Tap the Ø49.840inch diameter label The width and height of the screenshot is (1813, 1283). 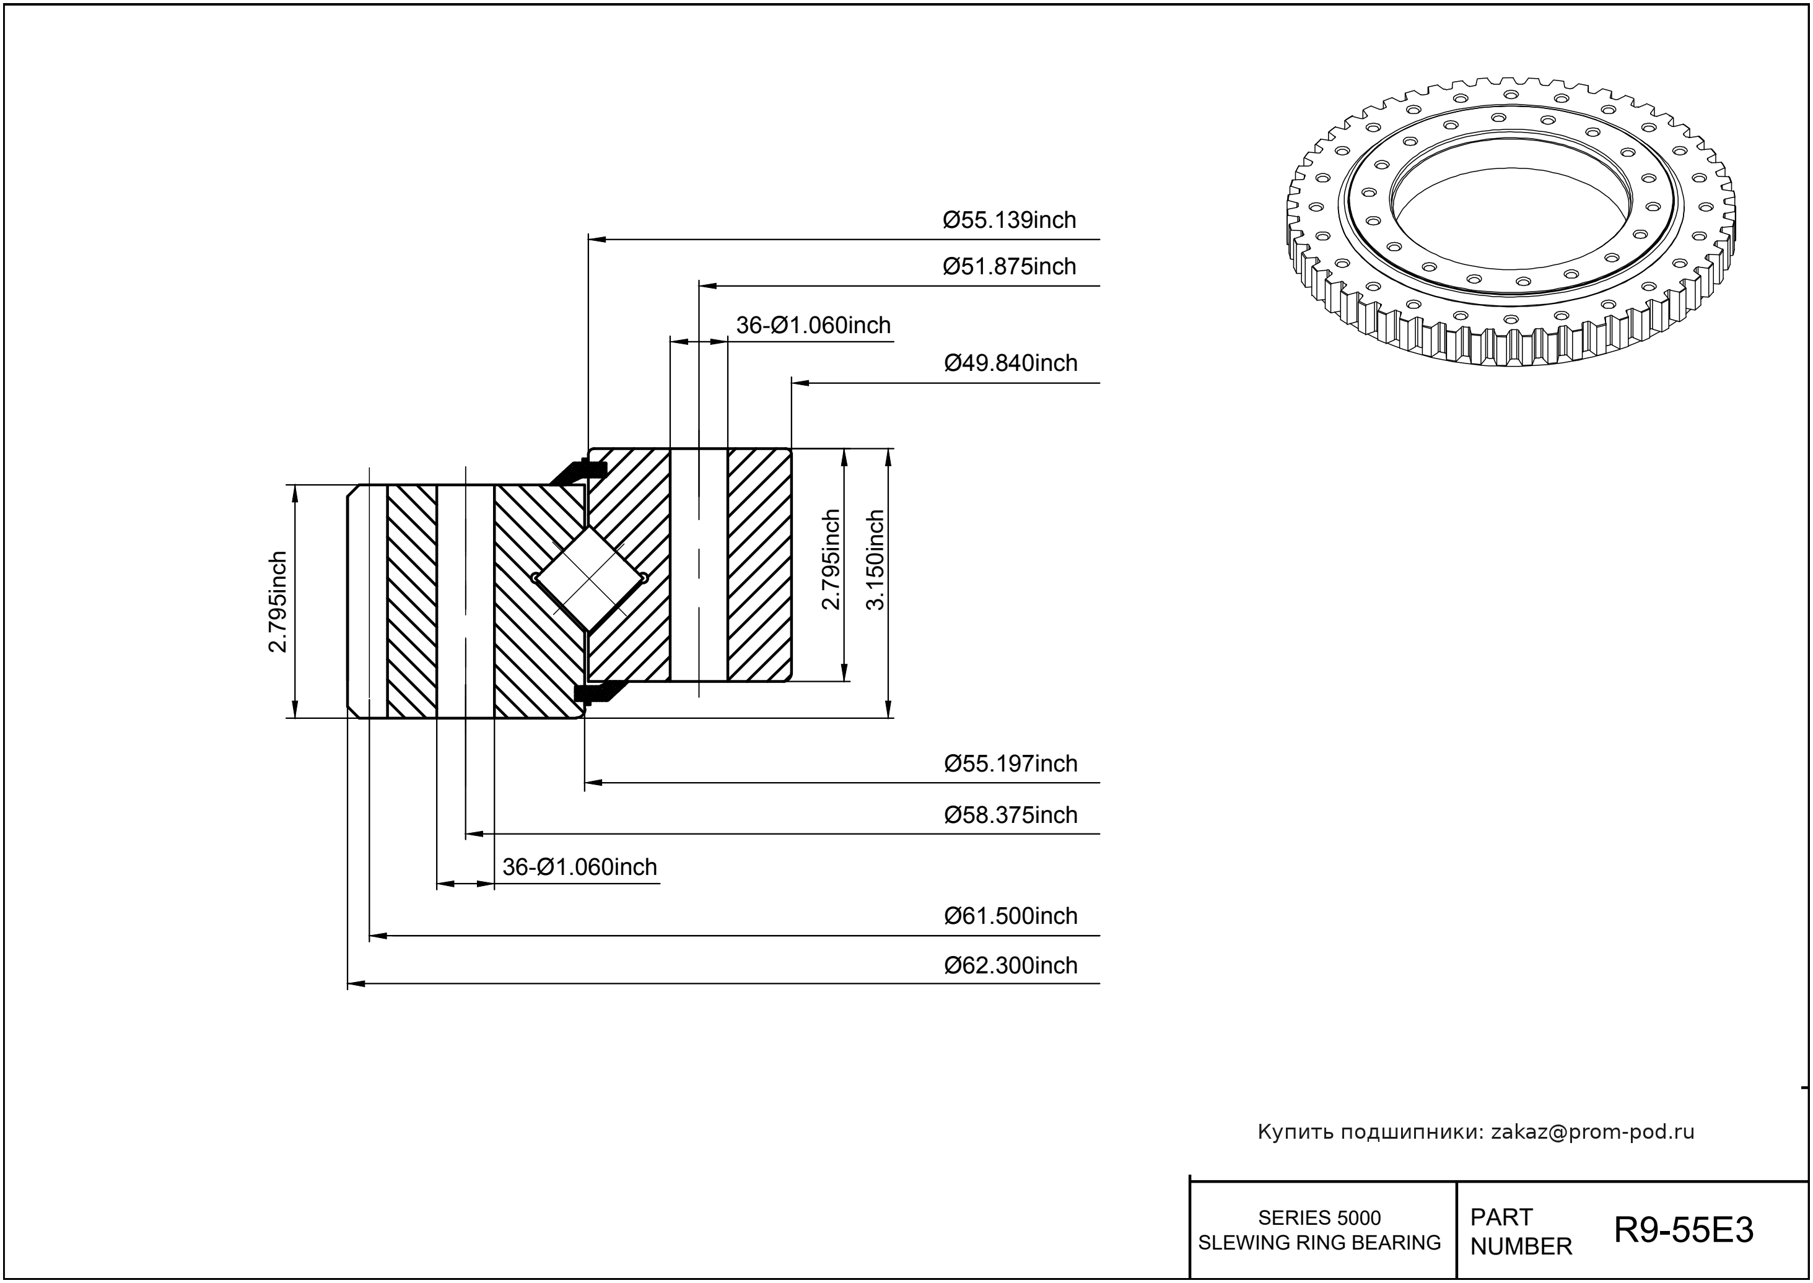coord(1011,363)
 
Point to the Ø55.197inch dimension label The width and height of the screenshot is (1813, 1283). coord(1011,764)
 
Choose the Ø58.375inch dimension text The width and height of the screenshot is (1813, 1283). coord(1011,815)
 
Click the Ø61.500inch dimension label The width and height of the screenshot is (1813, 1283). coord(1011,916)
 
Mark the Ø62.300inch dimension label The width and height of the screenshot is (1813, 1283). coord(1011,965)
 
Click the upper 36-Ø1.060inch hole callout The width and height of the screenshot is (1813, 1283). coord(813,326)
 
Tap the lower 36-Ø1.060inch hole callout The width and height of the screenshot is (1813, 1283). coord(579,868)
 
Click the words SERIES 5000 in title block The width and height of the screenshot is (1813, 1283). coord(1319,1217)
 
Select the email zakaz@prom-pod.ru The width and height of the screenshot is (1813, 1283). coord(1592,1132)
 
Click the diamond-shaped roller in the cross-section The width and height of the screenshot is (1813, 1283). coord(590,579)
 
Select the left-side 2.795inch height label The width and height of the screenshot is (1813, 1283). coord(277,602)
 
